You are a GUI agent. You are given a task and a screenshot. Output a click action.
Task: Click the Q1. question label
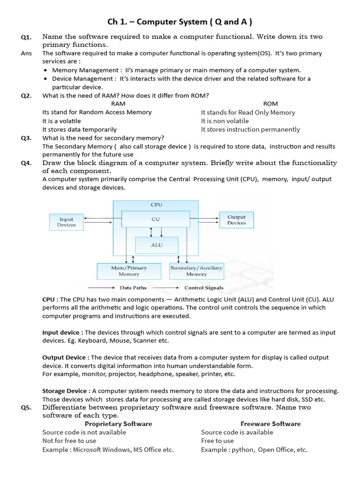26,37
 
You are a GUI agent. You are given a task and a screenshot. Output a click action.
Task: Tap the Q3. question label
26,138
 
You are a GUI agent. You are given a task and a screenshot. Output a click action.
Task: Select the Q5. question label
26,407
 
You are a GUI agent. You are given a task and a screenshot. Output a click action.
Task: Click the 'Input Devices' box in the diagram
66,222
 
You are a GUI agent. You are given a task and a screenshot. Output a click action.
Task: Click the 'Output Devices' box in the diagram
236,220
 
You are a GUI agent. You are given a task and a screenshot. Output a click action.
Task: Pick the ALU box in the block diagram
157,245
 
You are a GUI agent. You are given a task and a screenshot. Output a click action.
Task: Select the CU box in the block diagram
155,218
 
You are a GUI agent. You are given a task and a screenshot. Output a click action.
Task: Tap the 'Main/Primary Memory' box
128,271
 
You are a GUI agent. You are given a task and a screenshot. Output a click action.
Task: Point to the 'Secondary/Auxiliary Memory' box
196,271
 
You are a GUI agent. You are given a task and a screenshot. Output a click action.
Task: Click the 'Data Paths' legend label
132,288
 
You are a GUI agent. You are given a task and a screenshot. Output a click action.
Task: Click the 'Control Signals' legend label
204,288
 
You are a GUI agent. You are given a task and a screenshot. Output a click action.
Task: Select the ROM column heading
270,104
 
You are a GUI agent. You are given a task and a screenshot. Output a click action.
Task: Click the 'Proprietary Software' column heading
118,424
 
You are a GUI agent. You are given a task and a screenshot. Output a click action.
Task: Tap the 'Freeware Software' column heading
270,424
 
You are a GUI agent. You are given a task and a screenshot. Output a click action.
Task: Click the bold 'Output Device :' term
66,357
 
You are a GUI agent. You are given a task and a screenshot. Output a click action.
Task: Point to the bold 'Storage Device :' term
67,391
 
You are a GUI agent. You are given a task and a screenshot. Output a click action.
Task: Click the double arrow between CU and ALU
151,232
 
